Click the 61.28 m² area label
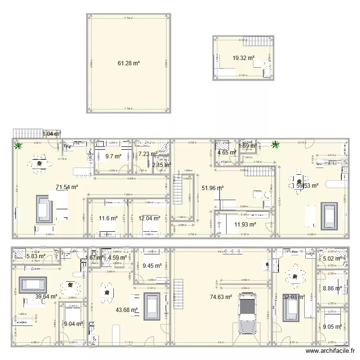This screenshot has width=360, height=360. (x=129, y=63)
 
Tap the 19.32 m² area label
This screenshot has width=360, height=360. (x=243, y=58)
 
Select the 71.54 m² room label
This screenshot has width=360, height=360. (x=67, y=188)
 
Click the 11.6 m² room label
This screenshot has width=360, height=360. (x=108, y=218)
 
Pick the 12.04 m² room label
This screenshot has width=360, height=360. (x=148, y=218)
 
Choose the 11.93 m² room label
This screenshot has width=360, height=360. (x=245, y=224)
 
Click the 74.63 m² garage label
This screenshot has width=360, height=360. (x=221, y=298)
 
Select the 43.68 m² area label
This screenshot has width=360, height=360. (x=127, y=310)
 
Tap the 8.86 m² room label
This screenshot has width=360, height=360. (x=331, y=288)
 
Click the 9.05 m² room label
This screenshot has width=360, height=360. (x=331, y=327)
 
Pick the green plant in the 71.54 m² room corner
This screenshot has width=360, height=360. (x=18, y=145)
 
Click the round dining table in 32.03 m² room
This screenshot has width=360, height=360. (x=294, y=276)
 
